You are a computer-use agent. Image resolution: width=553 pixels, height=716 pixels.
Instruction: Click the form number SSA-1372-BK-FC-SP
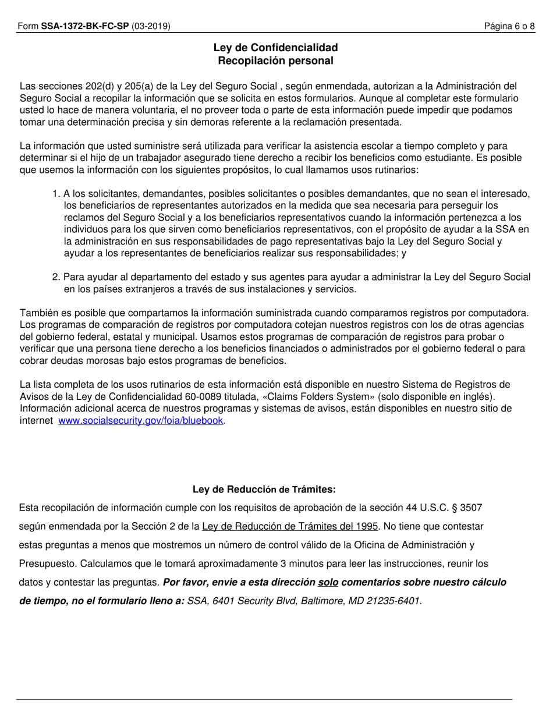coord(85,26)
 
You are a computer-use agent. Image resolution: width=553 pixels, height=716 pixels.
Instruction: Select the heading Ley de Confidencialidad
coord(275,48)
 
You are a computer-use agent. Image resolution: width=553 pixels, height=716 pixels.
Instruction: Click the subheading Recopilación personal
coord(275,61)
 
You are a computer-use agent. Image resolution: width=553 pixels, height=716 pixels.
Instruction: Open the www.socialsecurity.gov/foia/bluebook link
coord(141,420)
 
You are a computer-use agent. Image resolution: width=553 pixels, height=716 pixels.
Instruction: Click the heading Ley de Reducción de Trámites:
coord(264,490)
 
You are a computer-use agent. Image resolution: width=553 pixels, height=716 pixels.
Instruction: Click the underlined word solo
coord(328,582)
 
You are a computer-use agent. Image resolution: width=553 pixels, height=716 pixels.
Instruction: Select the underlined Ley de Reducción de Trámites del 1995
coord(290,526)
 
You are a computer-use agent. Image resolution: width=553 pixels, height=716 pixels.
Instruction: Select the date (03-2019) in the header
coord(151,26)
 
